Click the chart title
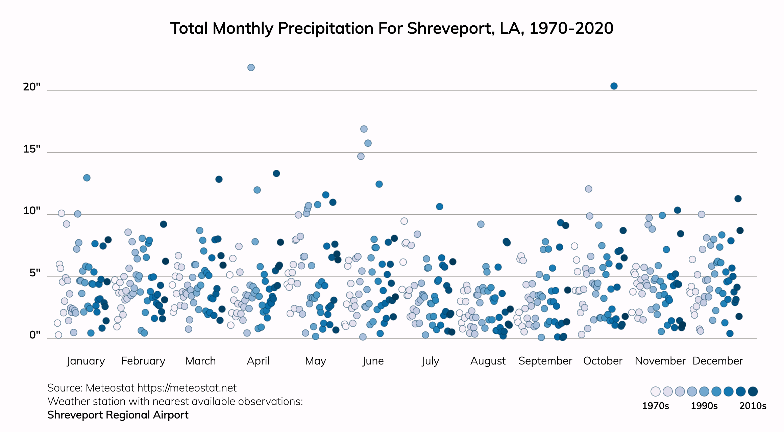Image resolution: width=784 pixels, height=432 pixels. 392,28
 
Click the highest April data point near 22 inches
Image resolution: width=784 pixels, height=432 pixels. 251,67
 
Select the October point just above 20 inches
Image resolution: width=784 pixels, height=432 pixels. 614,86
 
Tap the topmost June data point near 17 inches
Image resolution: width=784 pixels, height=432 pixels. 364,129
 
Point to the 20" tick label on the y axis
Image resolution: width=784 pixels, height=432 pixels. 32,87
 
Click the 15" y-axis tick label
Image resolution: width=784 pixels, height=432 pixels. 32,149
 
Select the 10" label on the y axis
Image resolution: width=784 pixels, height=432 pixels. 32,211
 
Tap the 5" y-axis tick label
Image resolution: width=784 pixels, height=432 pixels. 35,273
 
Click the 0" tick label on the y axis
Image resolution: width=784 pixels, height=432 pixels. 35,335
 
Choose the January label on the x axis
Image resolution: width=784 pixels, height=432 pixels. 86,361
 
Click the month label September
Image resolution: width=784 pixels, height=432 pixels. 545,361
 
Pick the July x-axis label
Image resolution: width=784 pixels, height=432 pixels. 430,361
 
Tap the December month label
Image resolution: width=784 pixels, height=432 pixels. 717,361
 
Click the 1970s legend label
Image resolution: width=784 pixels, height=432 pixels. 655,406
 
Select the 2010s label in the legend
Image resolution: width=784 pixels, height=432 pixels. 753,406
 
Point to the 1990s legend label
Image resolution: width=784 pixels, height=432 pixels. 704,406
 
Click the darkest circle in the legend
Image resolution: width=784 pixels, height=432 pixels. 753,391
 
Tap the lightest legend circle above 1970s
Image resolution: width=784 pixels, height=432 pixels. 656,391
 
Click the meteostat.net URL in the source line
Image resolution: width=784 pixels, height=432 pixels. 187,388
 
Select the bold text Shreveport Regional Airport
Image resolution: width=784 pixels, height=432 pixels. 118,415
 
